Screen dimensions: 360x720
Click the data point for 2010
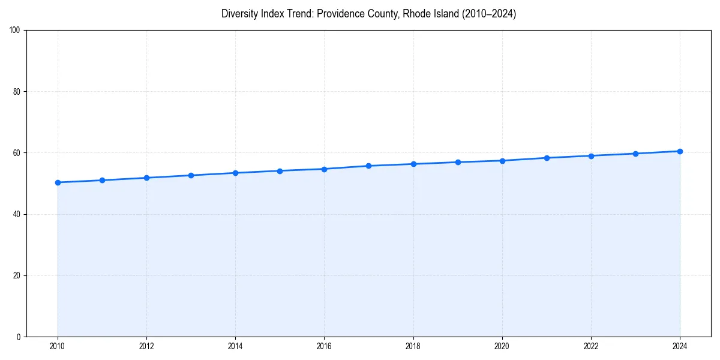point(58,182)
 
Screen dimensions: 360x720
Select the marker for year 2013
point(191,175)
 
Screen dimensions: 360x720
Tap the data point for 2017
point(368,166)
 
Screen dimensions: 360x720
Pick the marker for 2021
point(547,158)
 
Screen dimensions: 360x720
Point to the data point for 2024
point(680,151)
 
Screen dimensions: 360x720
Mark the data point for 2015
point(280,171)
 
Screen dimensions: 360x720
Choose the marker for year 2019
point(458,162)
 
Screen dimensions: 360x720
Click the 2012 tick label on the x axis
point(146,346)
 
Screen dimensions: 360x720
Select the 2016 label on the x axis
point(324,346)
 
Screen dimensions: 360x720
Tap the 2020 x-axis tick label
point(502,346)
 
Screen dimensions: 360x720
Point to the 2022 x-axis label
point(591,346)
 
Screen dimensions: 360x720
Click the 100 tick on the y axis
point(15,31)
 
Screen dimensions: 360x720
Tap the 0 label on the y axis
point(19,337)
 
